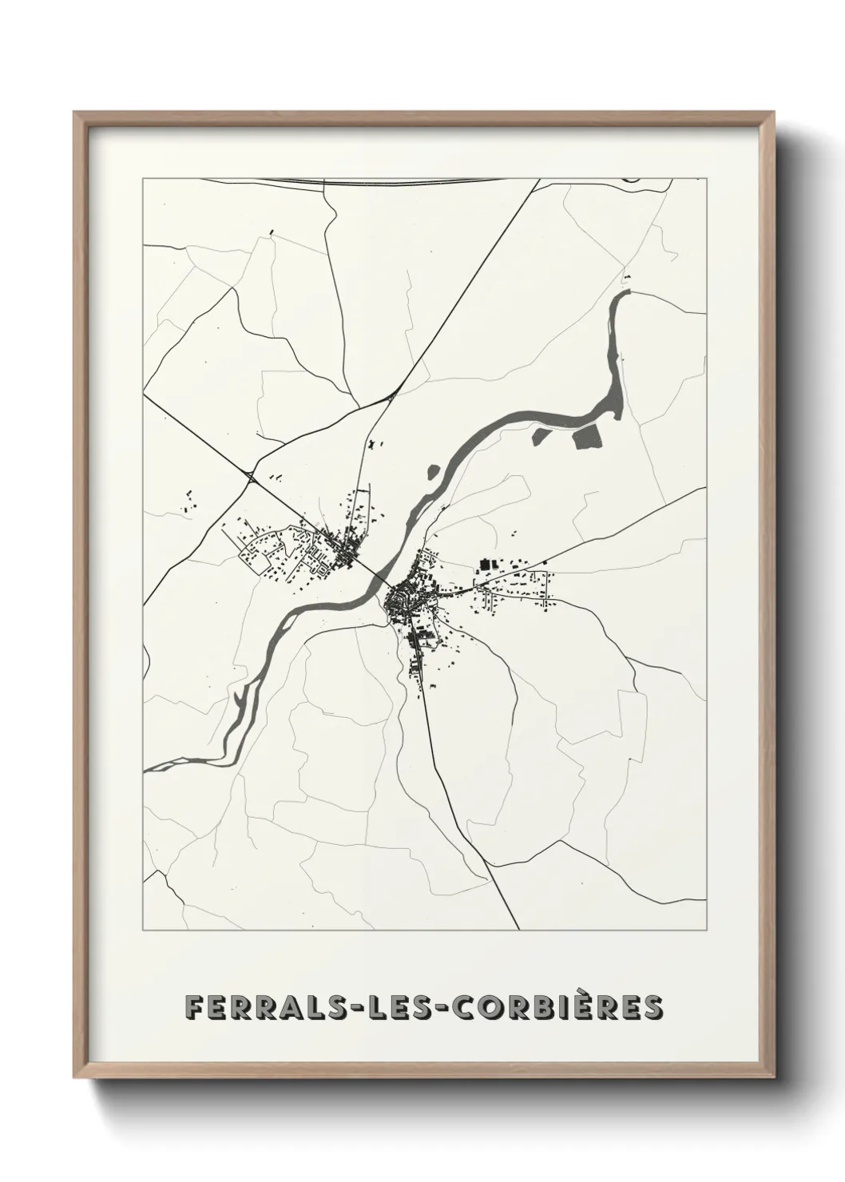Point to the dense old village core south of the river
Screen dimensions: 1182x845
(399, 597)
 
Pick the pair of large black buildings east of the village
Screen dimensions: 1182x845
(488, 565)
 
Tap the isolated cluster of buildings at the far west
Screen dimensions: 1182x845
(188, 503)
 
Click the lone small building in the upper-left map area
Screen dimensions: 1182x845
(272, 232)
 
